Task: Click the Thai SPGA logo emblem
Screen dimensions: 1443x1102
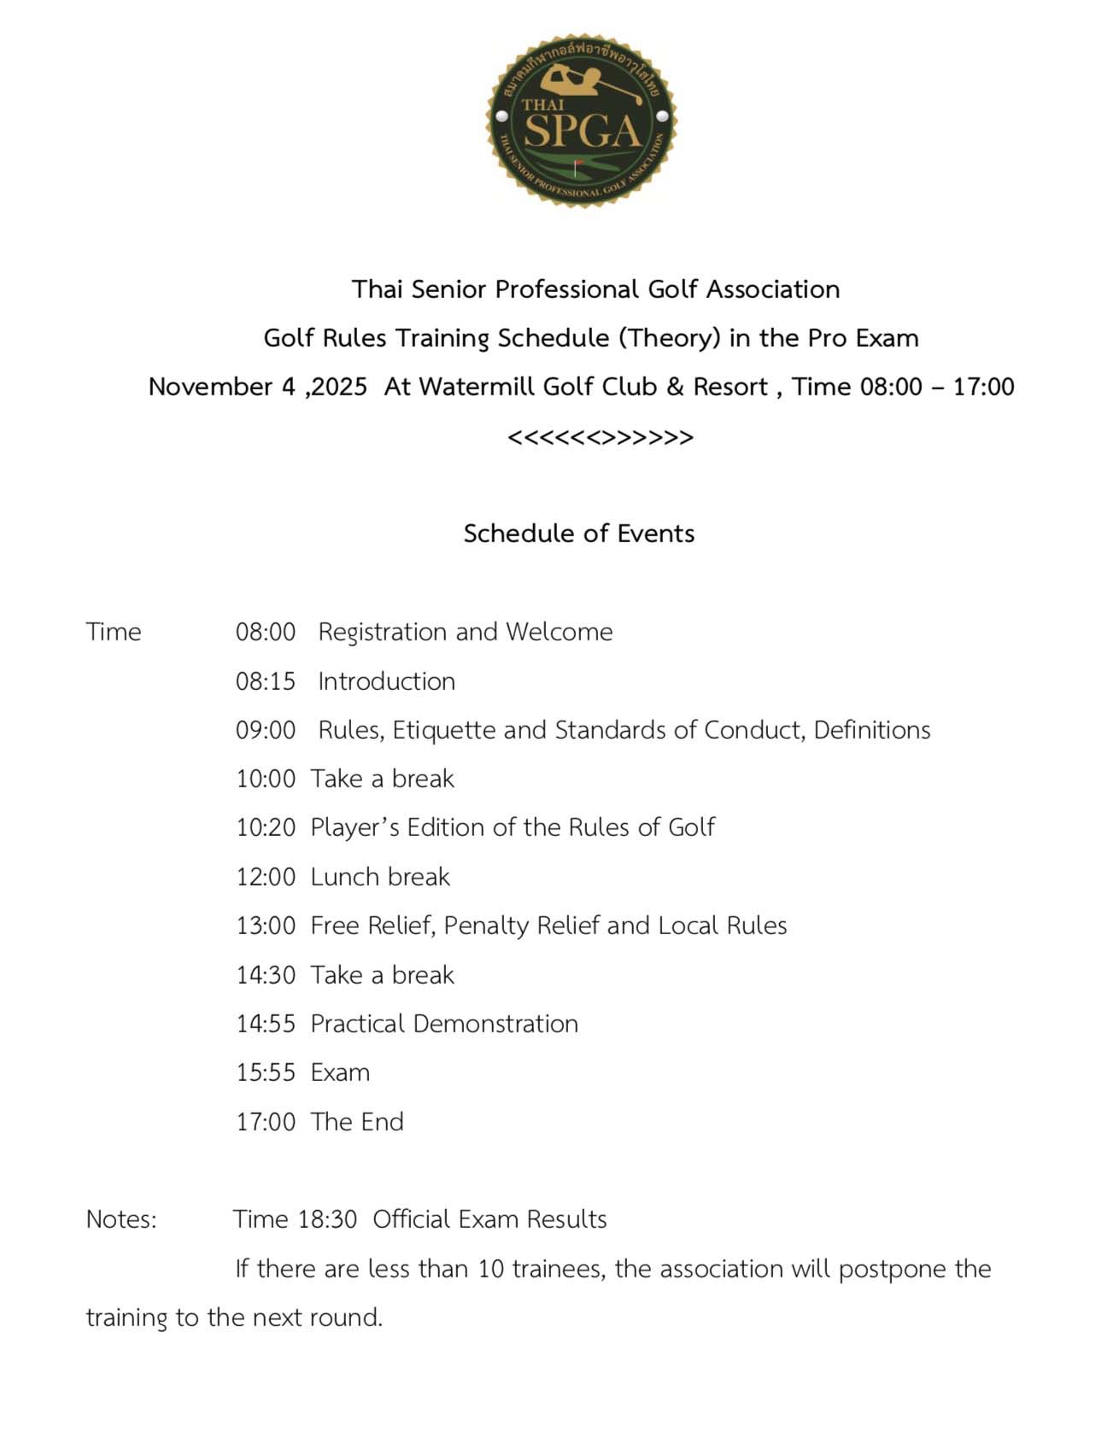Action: (x=581, y=120)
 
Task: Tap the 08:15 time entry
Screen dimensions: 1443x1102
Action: (x=266, y=681)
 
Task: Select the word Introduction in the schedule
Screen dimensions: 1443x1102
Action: (x=386, y=681)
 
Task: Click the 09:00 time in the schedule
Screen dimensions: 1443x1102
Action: (x=266, y=731)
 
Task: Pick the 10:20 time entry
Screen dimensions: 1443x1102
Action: (x=266, y=828)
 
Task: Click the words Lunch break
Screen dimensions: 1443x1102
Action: (x=379, y=877)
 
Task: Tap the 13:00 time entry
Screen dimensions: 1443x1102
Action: (x=266, y=926)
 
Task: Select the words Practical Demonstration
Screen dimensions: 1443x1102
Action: (x=444, y=1024)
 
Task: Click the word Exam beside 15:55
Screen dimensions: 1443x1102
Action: (x=340, y=1073)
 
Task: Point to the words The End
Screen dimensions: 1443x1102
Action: (x=357, y=1122)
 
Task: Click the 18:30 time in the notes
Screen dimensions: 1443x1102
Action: (x=327, y=1219)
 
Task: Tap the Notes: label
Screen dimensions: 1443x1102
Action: (x=121, y=1219)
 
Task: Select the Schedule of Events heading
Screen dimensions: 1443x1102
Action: (x=579, y=534)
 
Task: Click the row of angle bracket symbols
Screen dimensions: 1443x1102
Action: (x=600, y=438)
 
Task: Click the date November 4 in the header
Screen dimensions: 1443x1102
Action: (x=222, y=387)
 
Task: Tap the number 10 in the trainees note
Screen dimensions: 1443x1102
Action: (x=491, y=1269)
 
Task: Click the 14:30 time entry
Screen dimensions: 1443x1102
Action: (x=266, y=975)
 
